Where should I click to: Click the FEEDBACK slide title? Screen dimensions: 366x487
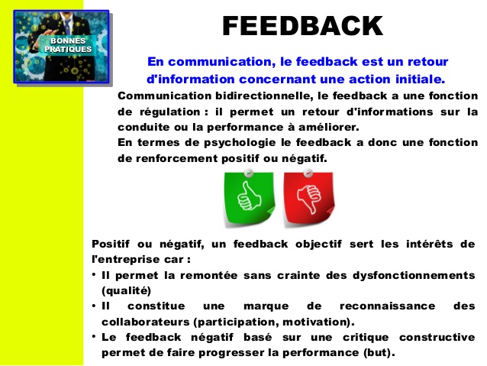[302, 26]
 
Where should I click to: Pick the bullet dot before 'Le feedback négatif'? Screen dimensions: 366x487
[93, 337]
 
